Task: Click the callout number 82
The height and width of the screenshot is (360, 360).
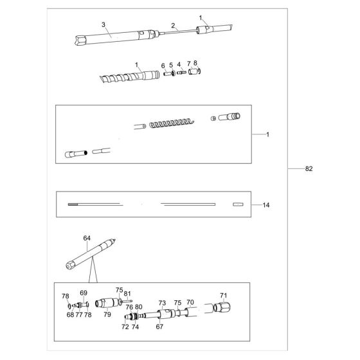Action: (x=309, y=168)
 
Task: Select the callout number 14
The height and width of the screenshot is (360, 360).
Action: (x=266, y=205)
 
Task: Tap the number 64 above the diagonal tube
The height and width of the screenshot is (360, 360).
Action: (x=87, y=239)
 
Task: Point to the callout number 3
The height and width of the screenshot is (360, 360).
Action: (x=104, y=24)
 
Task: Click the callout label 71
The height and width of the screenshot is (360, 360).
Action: (x=224, y=296)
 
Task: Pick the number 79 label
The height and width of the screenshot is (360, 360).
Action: (x=107, y=314)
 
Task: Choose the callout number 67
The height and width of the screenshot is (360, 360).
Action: (x=159, y=327)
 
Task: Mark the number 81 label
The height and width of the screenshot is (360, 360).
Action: (x=127, y=294)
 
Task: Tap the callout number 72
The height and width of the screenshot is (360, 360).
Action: (x=125, y=327)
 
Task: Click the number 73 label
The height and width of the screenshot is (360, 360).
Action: (x=162, y=303)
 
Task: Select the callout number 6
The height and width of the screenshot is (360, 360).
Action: (x=163, y=66)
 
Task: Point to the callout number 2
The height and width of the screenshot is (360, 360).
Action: (x=173, y=26)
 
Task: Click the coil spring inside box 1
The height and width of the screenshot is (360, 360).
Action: (x=172, y=123)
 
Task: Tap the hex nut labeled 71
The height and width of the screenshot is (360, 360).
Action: (x=222, y=307)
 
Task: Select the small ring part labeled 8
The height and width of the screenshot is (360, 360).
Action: (x=199, y=71)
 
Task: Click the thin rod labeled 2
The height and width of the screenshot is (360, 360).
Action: (x=177, y=32)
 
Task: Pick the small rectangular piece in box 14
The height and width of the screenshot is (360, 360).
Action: (x=238, y=204)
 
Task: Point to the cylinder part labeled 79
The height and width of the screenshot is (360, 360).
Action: (x=107, y=303)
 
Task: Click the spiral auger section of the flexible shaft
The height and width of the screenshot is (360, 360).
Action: (x=121, y=77)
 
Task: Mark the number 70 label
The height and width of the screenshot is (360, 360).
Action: (x=190, y=302)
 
